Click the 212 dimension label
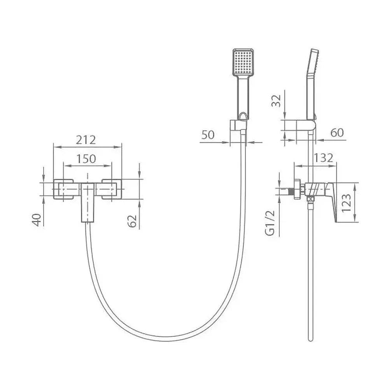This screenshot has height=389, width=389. point(86,140)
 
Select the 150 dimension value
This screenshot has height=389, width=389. point(86,159)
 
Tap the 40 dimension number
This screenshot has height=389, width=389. point(37,220)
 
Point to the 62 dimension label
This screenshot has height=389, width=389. point(132,221)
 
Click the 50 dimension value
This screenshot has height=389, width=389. point(208,135)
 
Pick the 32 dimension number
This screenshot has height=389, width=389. point(276,101)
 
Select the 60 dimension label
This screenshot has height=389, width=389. point(337,133)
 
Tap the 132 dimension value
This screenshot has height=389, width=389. point(324,158)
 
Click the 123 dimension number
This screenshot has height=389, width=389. point(346,203)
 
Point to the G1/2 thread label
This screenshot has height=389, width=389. point(270,223)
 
